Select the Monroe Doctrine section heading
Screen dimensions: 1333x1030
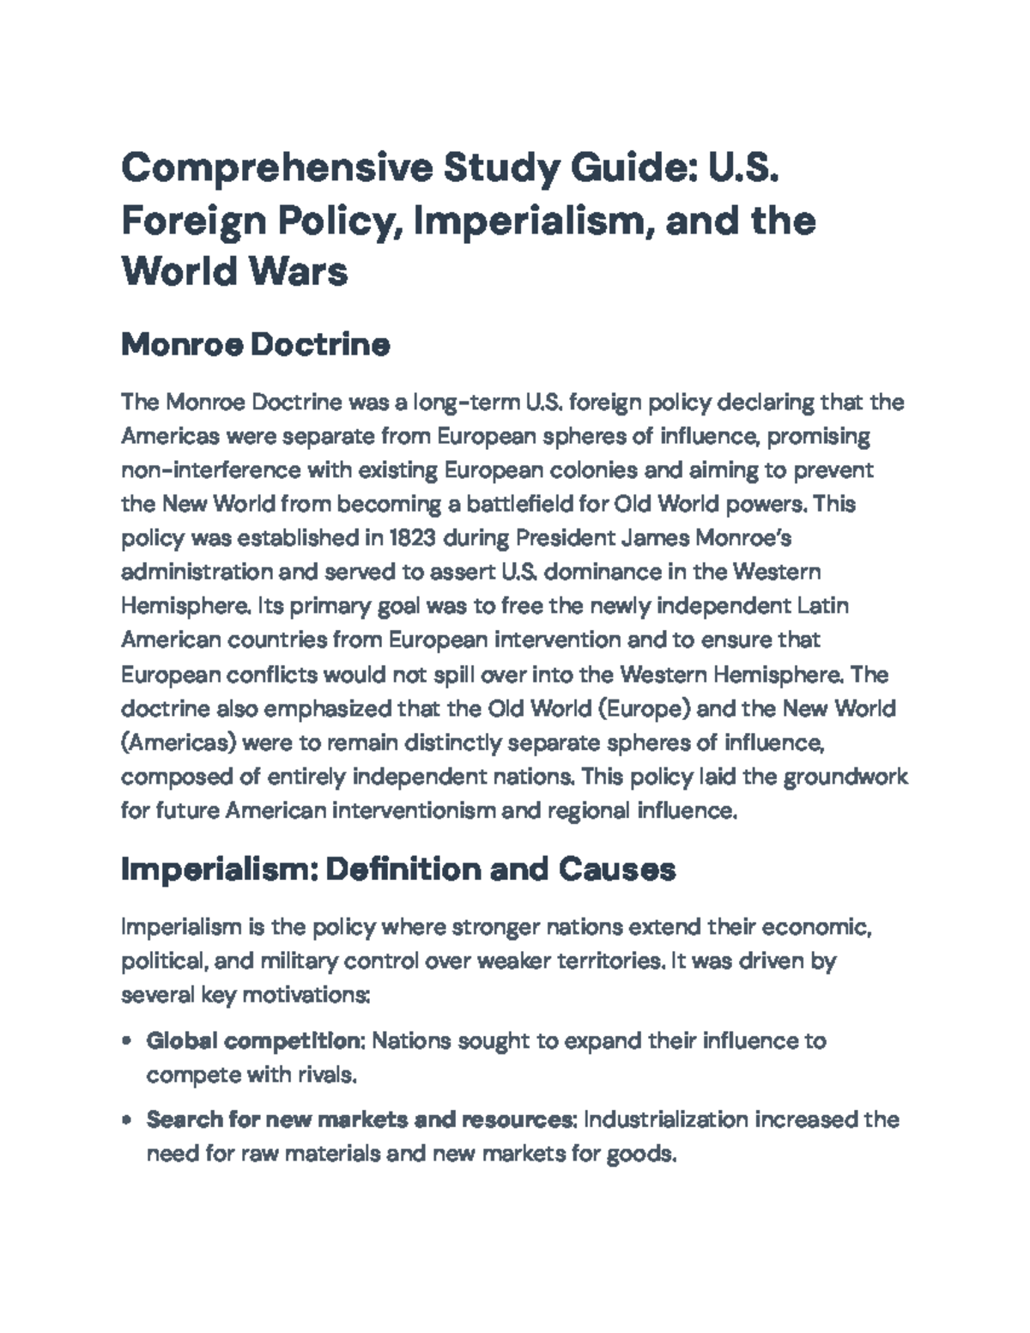tap(256, 345)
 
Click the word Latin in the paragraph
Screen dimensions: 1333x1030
tap(823, 606)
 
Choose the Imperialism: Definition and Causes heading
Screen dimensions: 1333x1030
tap(398, 869)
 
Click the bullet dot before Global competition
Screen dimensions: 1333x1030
tap(127, 1042)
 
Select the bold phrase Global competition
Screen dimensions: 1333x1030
tap(255, 1041)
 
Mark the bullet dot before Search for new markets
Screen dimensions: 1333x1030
tap(127, 1120)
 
